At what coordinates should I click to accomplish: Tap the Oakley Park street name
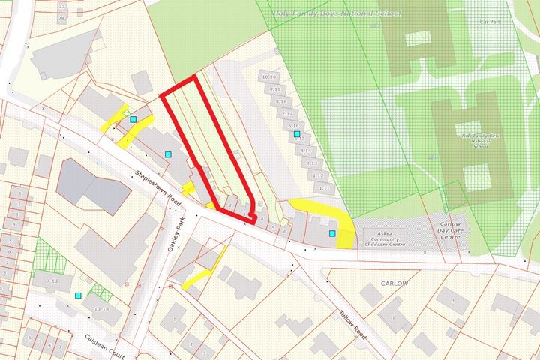click(x=177, y=238)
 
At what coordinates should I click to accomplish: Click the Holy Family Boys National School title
click(x=337, y=13)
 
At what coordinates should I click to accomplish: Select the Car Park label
click(x=489, y=22)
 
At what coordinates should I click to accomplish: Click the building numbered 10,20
click(x=268, y=77)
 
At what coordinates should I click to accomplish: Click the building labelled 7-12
click(x=52, y=280)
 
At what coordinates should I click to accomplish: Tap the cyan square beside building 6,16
click(x=297, y=134)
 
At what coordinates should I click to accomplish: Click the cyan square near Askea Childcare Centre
click(x=332, y=234)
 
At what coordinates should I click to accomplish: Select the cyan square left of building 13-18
click(x=79, y=295)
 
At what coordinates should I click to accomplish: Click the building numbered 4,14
click(x=306, y=151)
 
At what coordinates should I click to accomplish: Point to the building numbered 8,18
click(x=281, y=101)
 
